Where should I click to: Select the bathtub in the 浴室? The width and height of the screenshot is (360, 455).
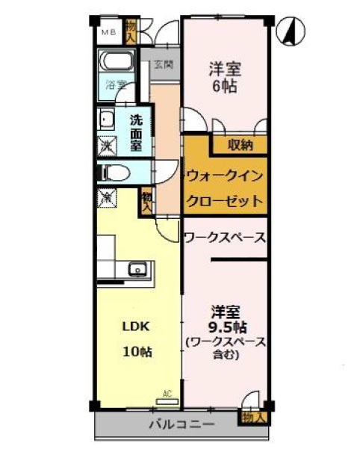point(117,61)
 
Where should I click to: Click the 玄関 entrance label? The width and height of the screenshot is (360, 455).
point(164,65)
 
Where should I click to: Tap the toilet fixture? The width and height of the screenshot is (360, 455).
point(112,173)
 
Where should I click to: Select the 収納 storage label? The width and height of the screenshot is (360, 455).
point(240,144)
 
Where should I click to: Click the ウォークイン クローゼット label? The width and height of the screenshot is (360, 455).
point(224,188)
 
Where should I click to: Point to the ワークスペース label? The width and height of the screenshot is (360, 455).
point(224,238)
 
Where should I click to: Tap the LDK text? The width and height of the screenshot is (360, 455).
point(137,326)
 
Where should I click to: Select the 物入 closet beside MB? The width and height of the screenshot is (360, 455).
point(131,31)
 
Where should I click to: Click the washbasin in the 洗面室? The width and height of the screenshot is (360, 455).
point(105,120)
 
